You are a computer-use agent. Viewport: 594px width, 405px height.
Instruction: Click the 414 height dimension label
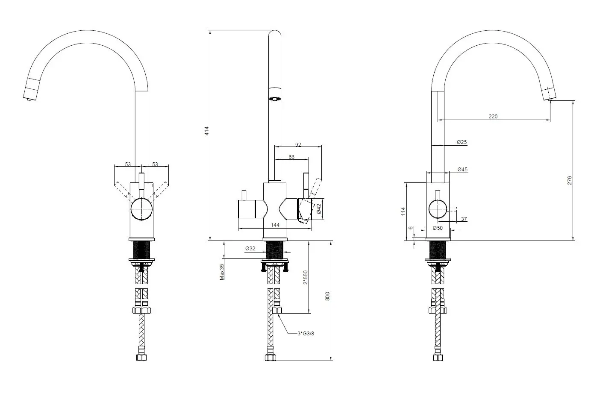(x=206, y=131)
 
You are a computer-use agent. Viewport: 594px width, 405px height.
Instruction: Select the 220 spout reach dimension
(x=493, y=116)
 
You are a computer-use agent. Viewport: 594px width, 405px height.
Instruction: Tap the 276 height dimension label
(x=569, y=180)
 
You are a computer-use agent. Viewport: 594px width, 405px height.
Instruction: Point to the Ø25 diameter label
(x=462, y=142)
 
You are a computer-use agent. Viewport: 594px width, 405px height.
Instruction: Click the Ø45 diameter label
(x=462, y=170)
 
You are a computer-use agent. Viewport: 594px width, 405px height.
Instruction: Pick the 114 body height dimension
(x=403, y=211)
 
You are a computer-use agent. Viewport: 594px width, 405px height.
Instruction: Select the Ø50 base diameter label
(x=437, y=228)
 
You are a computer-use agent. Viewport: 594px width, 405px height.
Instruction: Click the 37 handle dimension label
(x=464, y=219)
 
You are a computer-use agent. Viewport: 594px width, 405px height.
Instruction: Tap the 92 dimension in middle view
(x=298, y=144)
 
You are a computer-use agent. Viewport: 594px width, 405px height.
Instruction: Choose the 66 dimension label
(x=291, y=157)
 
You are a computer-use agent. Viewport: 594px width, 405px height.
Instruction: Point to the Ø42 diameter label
(x=319, y=208)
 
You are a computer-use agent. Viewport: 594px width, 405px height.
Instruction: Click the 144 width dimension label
(x=275, y=225)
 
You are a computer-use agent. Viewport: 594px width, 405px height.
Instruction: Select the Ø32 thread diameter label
(x=250, y=249)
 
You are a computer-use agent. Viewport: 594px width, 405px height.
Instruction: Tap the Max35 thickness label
(x=222, y=272)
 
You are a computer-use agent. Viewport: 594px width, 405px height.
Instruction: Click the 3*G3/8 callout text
(x=306, y=334)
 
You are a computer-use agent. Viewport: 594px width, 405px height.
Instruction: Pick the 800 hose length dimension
(x=327, y=296)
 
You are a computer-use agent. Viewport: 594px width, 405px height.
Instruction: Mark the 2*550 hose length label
(x=305, y=277)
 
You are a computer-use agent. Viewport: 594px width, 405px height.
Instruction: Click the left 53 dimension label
(x=128, y=164)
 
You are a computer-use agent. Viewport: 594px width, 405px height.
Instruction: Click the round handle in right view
(x=438, y=210)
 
